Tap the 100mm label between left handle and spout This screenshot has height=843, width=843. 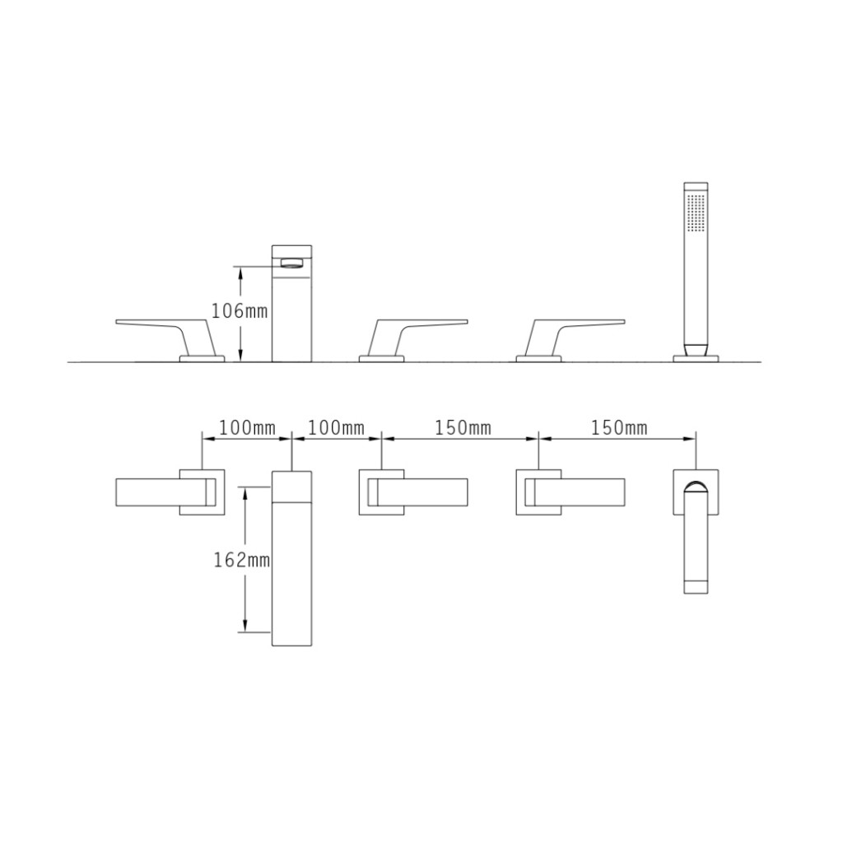pos(247,428)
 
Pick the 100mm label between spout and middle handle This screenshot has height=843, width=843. pos(336,428)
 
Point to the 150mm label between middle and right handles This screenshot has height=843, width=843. pos(463,428)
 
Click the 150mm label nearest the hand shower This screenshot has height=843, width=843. pos(618,428)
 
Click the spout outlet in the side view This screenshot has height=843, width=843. pos(292,263)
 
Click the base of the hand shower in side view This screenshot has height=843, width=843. pos(696,357)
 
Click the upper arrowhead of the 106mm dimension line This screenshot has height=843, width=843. pos(240,271)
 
